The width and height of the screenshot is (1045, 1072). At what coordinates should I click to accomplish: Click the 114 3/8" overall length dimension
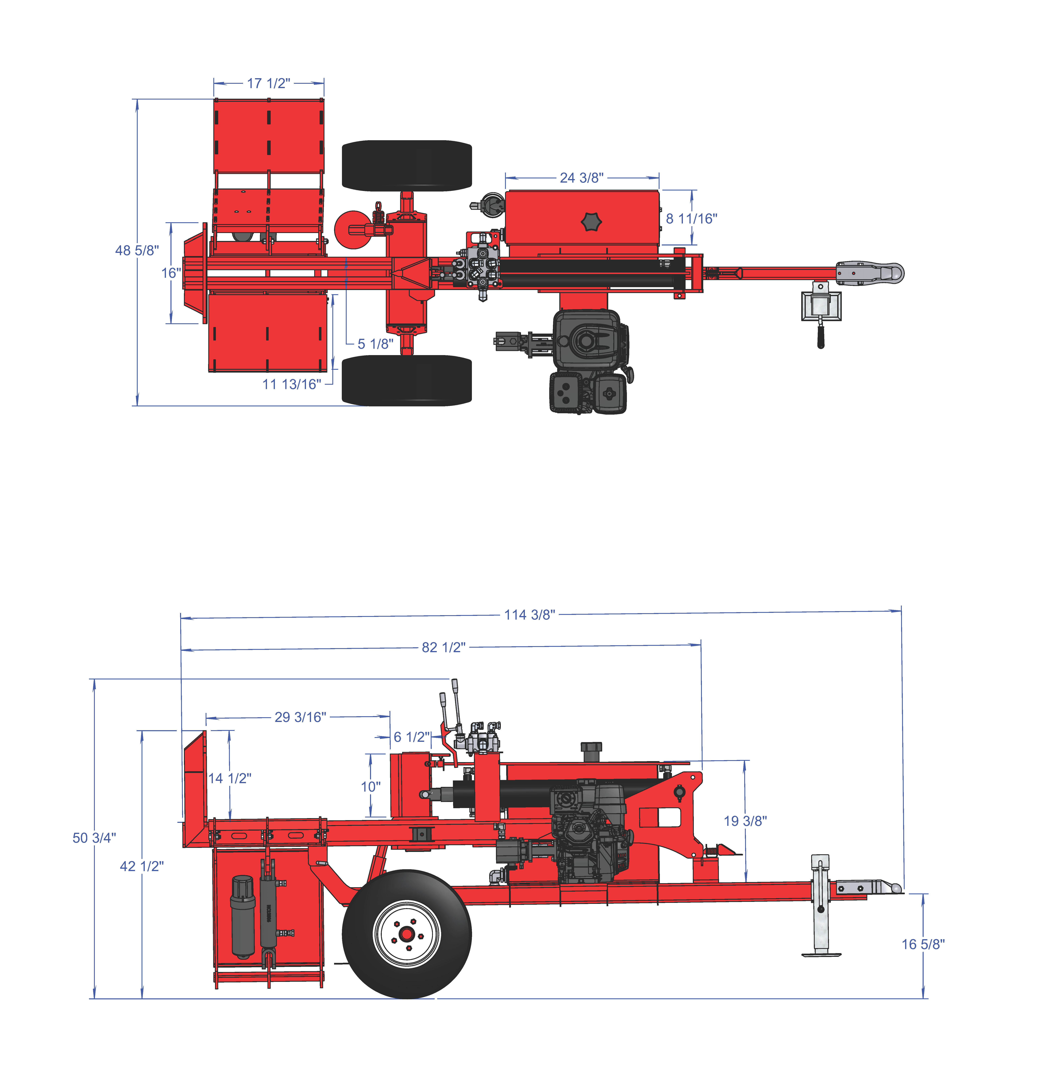point(530,615)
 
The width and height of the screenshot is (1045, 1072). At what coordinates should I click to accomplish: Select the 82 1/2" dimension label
point(443,648)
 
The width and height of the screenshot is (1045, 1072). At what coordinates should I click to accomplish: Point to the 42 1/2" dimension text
point(142,866)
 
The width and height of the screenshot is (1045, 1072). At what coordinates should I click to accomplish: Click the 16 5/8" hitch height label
point(923,944)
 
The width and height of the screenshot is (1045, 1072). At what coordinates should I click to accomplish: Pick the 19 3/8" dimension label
point(745,821)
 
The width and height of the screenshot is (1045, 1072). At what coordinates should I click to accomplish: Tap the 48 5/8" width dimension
point(137,250)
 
